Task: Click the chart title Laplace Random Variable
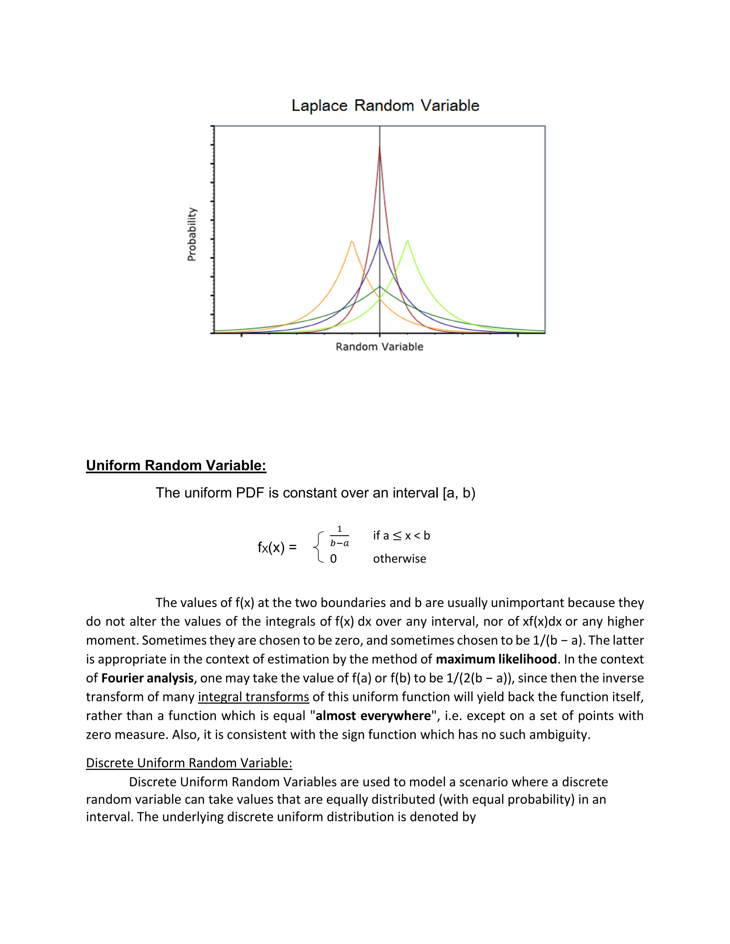click(x=385, y=105)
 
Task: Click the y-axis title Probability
click(x=191, y=234)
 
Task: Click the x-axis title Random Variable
click(x=379, y=347)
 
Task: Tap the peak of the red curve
click(x=380, y=147)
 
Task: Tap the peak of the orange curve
click(x=352, y=241)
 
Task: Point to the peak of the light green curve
click(x=407, y=241)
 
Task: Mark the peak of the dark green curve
click(x=380, y=286)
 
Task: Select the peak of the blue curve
click(x=380, y=239)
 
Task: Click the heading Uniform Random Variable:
click(x=176, y=466)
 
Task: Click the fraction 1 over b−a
click(x=339, y=536)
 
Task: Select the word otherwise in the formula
click(x=399, y=559)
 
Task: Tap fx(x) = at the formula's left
click(x=277, y=548)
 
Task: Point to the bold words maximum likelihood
click(x=496, y=659)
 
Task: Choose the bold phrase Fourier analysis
click(x=147, y=678)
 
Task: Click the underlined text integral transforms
click(x=253, y=697)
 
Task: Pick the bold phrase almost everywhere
click(x=373, y=716)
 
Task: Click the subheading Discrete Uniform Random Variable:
click(x=189, y=763)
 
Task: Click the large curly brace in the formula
click(x=319, y=548)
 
